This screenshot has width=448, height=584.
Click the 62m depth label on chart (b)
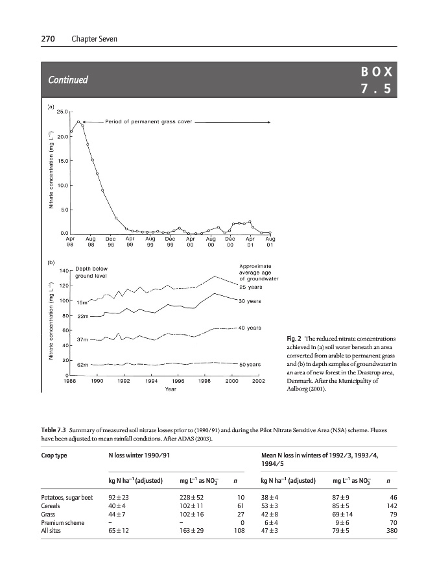click(x=83, y=365)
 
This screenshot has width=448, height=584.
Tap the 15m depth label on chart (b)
click(x=83, y=302)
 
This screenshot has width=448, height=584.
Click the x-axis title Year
click(x=171, y=389)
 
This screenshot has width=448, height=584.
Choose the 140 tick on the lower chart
click(x=64, y=270)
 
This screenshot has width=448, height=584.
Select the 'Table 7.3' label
click(x=54, y=431)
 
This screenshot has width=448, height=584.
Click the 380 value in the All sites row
click(x=391, y=529)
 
